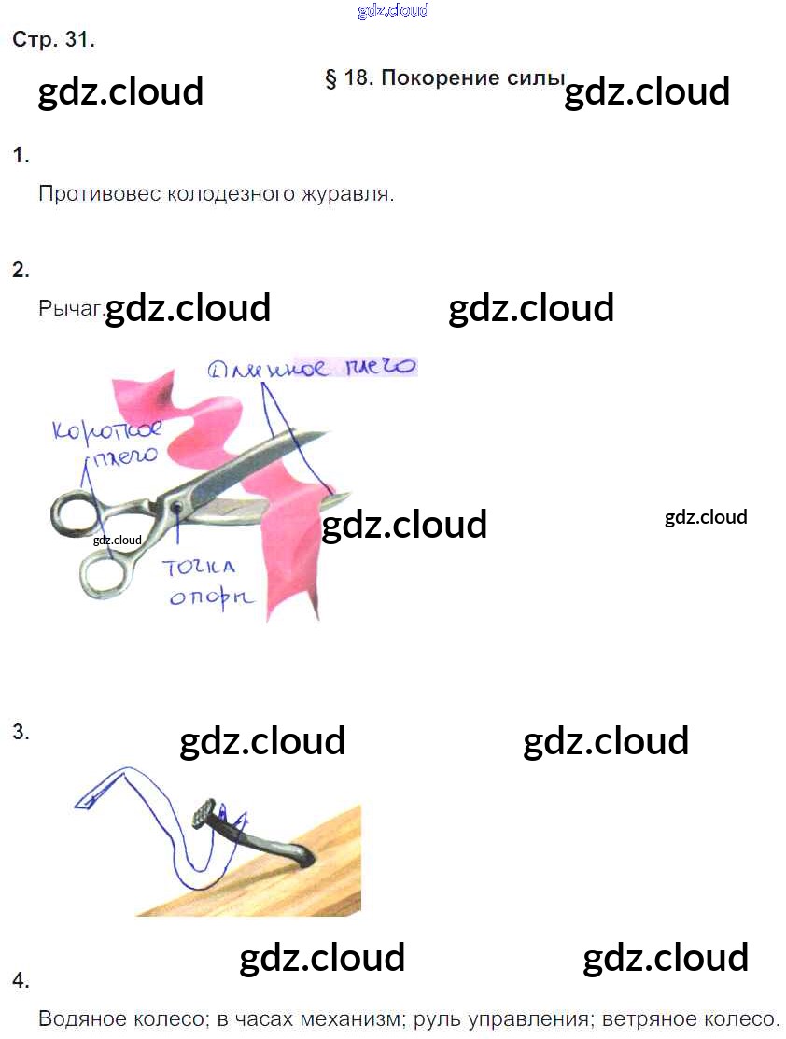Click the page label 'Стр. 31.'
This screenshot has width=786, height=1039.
coord(53,40)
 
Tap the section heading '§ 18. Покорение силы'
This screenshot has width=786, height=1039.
coord(444,78)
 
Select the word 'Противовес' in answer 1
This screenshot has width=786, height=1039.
coord(100,194)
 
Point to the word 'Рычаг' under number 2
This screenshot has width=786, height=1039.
coord(70,307)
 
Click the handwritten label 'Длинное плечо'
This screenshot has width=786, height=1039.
coord(312,367)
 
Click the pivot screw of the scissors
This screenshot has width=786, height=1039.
coord(175,507)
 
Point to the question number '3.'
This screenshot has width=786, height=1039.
coord(21,733)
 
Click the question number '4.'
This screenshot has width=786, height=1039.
coord(21,980)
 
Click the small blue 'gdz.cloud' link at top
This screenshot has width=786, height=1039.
coord(393,11)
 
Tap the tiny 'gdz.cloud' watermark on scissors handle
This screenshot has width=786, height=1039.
coord(118,540)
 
